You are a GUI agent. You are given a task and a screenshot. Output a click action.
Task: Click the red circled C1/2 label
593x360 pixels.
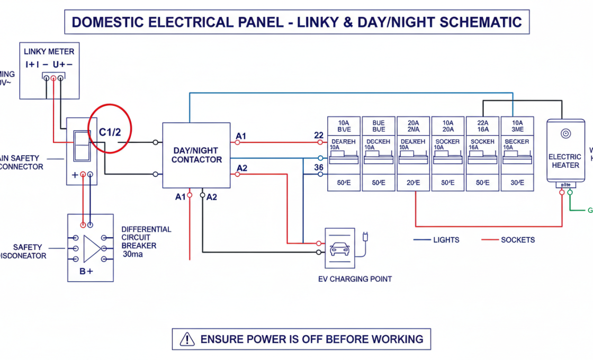[x=110, y=132]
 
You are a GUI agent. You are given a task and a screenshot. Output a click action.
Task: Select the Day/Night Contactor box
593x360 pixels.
[x=196, y=155]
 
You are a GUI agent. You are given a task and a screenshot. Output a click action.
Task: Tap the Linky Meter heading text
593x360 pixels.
[x=49, y=51]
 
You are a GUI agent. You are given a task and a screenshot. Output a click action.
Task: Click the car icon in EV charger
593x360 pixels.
[x=339, y=248]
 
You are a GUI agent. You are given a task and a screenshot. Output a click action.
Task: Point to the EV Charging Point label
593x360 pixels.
[x=354, y=278]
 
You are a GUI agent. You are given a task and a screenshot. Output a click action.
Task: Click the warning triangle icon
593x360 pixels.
[x=187, y=339]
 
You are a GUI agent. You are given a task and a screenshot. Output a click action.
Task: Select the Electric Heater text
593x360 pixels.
[x=564, y=161]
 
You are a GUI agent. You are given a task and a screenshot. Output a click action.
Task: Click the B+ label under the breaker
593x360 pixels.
[x=86, y=272]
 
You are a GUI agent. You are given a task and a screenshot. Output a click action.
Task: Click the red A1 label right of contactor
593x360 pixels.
[x=241, y=137]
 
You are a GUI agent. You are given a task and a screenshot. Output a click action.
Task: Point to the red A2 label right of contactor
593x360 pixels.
[x=241, y=168]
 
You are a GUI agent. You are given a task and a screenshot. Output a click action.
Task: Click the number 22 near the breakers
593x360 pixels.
[x=318, y=135]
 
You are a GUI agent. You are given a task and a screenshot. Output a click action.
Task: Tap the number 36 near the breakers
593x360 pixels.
[x=318, y=167]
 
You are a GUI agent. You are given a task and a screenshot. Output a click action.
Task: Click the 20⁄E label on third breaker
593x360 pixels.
[x=413, y=183]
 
